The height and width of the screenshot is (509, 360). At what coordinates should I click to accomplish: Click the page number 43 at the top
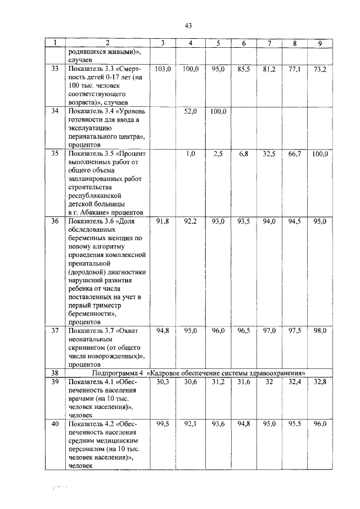(188, 25)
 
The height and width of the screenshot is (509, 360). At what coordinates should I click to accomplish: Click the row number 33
(55, 69)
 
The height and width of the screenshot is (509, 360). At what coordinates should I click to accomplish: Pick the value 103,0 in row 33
(163, 69)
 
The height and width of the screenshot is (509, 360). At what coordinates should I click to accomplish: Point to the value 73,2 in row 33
(319, 69)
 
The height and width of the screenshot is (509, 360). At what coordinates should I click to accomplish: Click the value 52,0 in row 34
(191, 111)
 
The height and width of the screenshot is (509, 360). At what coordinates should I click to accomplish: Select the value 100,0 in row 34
(218, 111)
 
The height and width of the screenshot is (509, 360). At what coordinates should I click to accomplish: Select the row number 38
(55, 372)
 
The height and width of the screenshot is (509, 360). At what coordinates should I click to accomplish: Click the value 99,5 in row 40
(163, 424)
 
